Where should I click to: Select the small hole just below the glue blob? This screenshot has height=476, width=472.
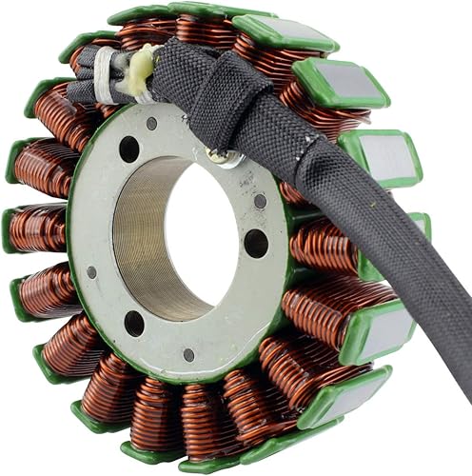[151, 123]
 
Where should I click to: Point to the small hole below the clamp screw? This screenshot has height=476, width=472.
[259, 201]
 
